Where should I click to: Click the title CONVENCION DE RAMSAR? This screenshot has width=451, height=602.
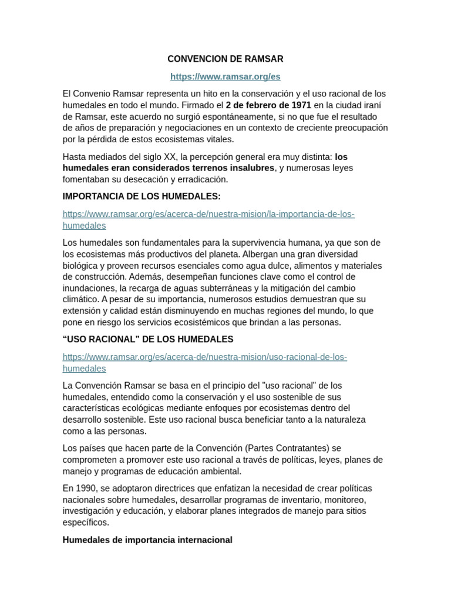pos(225,59)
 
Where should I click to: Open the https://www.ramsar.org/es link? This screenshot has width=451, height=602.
pos(225,76)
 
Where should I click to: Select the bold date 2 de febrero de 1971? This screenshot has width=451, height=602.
pos(268,105)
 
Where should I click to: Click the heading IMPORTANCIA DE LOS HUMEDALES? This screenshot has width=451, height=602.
pos(142,196)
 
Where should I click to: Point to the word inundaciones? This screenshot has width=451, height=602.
pos(89,288)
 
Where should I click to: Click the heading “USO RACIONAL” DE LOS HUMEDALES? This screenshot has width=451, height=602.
pos(148,339)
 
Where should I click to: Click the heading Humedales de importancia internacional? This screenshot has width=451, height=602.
pos(147,540)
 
